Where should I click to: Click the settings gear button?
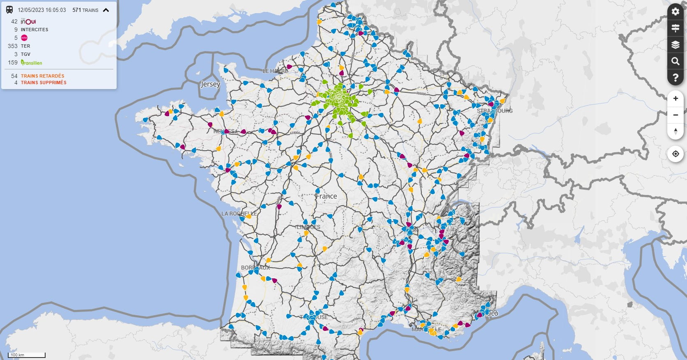[x=676, y=11]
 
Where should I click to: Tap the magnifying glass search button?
[x=676, y=61]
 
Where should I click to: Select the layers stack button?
[x=676, y=45]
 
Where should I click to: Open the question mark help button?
[x=676, y=78]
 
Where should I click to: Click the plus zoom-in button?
[x=676, y=99]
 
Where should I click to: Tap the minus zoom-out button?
[x=676, y=115]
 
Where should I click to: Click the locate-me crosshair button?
[x=676, y=154]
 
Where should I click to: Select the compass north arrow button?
[x=676, y=131]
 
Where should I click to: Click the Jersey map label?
[x=210, y=84]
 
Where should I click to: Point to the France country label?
[x=326, y=196]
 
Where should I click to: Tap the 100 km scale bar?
[x=27, y=355]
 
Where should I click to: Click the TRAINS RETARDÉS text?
[x=43, y=76]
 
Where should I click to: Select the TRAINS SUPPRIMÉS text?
[x=44, y=83]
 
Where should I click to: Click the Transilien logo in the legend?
[x=32, y=62]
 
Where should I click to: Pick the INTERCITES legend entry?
[x=34, y=30]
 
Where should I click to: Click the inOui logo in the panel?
[x=28, y=21]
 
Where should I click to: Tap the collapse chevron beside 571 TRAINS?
[x=106, y=10]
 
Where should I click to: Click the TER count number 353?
[x=13, y=46]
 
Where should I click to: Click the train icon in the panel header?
[x=9, y=10]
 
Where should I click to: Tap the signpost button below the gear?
[x=676, y=28]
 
